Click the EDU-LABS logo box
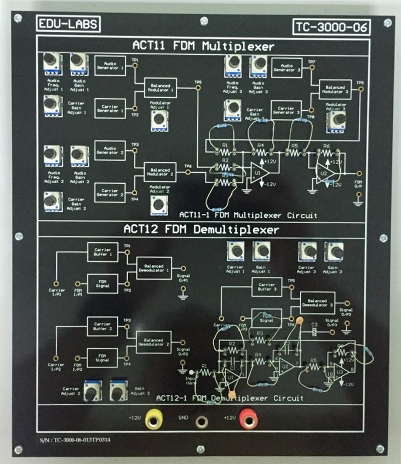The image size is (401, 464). click(61, 25)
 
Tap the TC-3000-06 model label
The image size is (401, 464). click(331, 27)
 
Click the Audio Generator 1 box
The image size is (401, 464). click(110, 65)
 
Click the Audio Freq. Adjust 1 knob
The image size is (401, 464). click(53, 62)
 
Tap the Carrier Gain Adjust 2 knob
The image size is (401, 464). click(51, 201)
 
